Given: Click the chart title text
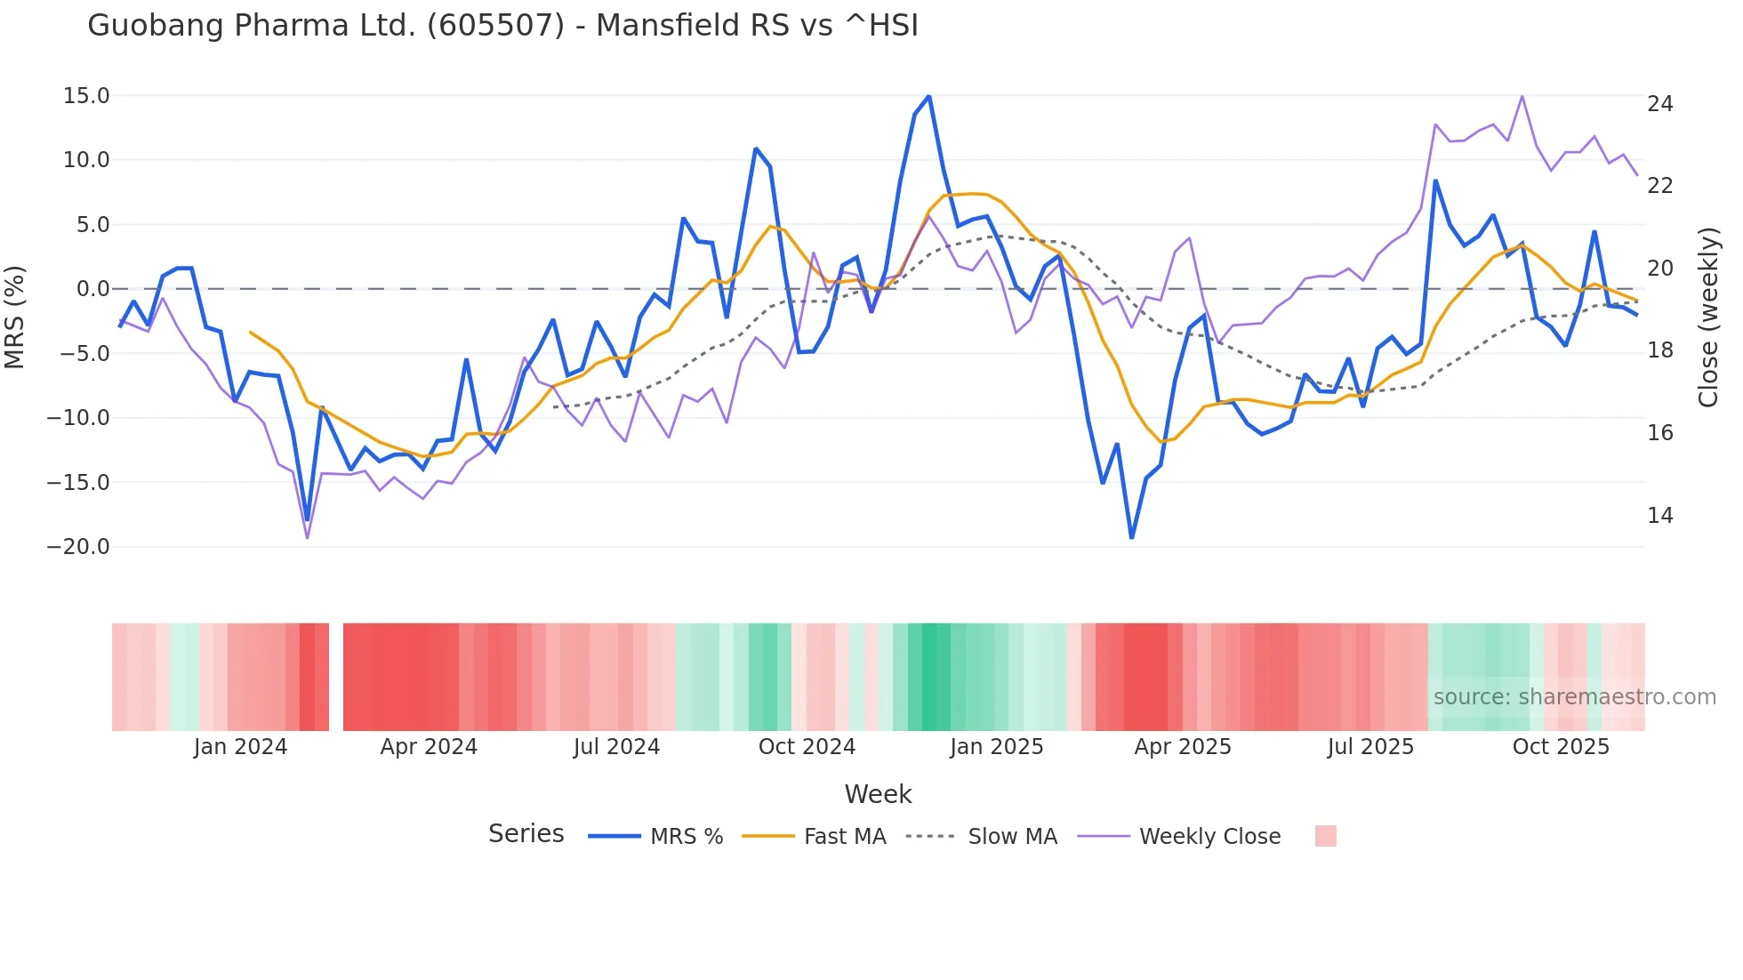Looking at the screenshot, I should coord(502,26).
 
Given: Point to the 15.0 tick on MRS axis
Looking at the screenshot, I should coord(86,96).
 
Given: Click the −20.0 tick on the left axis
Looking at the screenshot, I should coord(78,547).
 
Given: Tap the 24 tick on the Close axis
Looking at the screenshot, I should coord(1659,104).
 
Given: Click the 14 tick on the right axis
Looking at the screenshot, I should coord(1659,516).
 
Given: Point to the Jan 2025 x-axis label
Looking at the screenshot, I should coord(996,747).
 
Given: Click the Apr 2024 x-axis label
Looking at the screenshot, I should coord(429,747).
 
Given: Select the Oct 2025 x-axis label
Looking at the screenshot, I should coord(1561,747).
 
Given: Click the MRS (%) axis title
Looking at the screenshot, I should coord(15,317).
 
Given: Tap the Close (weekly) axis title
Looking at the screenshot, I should coord(1708,317).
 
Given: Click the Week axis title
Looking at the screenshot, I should coord(878,794).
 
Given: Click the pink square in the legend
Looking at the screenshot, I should coord(1325,837).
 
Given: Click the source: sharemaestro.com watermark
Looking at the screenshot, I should coord(1574,697).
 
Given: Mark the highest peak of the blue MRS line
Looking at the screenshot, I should coord(929,97).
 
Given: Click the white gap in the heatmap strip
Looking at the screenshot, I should coord(336,677).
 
